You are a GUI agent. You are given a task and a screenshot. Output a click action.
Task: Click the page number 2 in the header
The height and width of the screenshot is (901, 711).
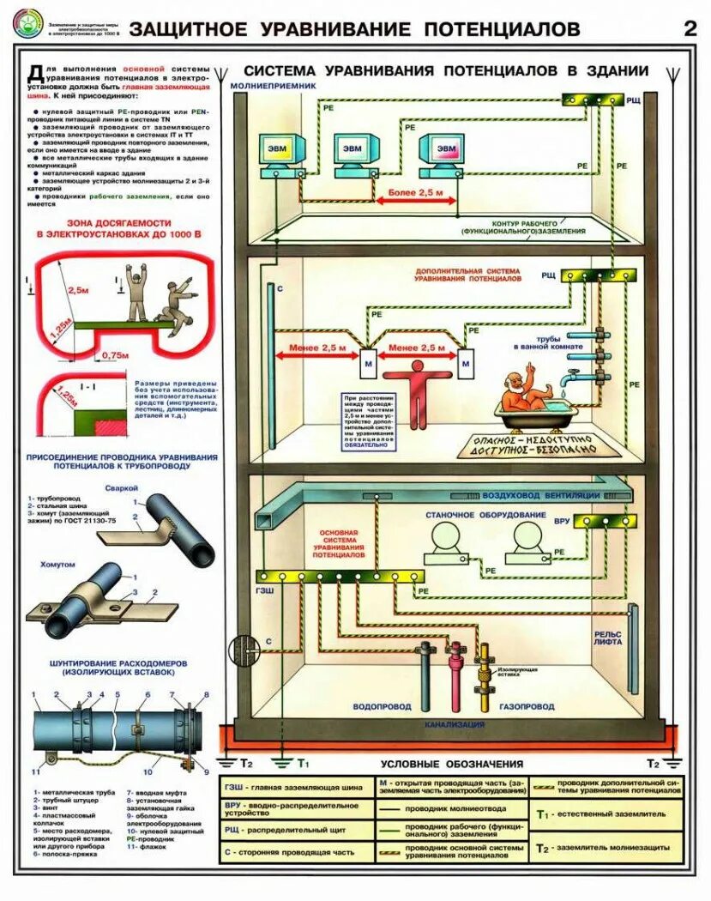point(690,27)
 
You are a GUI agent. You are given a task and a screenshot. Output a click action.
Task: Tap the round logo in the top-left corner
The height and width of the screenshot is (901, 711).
point(27,27)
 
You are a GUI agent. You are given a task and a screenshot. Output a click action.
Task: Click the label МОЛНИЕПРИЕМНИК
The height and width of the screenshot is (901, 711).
point(274,87)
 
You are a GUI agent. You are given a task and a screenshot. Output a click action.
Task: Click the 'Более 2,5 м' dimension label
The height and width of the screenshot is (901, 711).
point(417,195)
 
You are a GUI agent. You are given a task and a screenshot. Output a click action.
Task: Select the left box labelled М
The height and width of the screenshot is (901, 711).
point(366,362)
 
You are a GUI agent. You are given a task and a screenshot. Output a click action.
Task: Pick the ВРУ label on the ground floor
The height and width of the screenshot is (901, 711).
point(561,521)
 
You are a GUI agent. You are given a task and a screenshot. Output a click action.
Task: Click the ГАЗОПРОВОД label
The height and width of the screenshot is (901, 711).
point(527,707)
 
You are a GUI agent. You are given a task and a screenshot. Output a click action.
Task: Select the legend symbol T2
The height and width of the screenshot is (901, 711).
point(542,848)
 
